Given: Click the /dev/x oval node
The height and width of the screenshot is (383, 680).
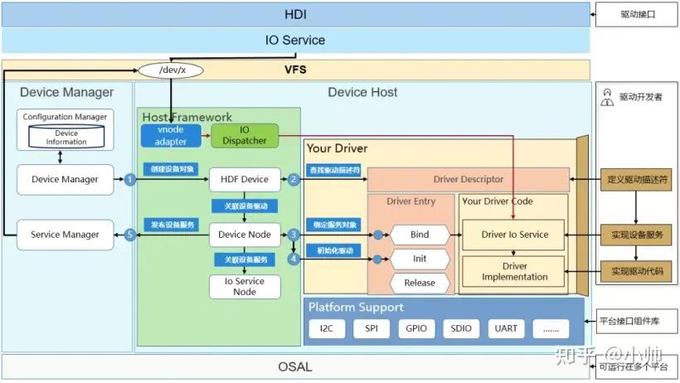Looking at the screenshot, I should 172,70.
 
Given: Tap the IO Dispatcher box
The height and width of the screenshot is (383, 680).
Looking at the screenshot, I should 245,135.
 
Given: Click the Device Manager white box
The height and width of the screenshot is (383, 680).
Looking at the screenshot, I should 65,179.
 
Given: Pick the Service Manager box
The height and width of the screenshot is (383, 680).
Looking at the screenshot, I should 65,235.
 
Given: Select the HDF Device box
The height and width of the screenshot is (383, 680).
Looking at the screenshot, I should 244,179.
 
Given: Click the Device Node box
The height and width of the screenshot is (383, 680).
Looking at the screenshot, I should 244,235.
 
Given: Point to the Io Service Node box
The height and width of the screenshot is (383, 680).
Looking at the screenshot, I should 244,286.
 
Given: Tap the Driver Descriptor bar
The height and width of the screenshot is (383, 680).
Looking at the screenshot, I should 468,179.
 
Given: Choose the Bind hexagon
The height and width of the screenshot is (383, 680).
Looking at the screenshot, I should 420,235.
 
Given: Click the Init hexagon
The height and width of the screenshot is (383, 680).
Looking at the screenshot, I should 420,259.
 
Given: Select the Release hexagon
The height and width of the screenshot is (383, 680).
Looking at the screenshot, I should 420,283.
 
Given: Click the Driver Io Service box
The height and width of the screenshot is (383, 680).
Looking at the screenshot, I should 514,235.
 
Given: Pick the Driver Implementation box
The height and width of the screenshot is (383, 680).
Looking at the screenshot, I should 514,272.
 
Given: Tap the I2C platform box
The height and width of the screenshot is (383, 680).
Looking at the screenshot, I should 327,328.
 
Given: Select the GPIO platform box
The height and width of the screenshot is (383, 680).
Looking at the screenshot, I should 416,328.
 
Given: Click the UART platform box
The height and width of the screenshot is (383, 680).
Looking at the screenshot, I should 506,328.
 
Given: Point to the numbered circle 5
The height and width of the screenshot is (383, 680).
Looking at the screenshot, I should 129,235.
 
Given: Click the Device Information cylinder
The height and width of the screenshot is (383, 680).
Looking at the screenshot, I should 66,138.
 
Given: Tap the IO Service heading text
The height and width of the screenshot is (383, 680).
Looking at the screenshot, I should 295,40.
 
